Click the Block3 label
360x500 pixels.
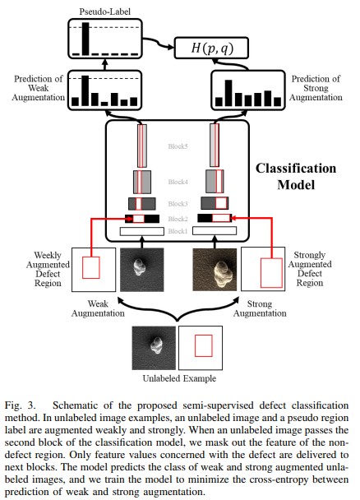(178, 203)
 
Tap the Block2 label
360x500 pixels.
(178, 219)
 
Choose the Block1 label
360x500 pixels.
(178, 232)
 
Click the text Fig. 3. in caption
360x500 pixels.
(25, 405)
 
